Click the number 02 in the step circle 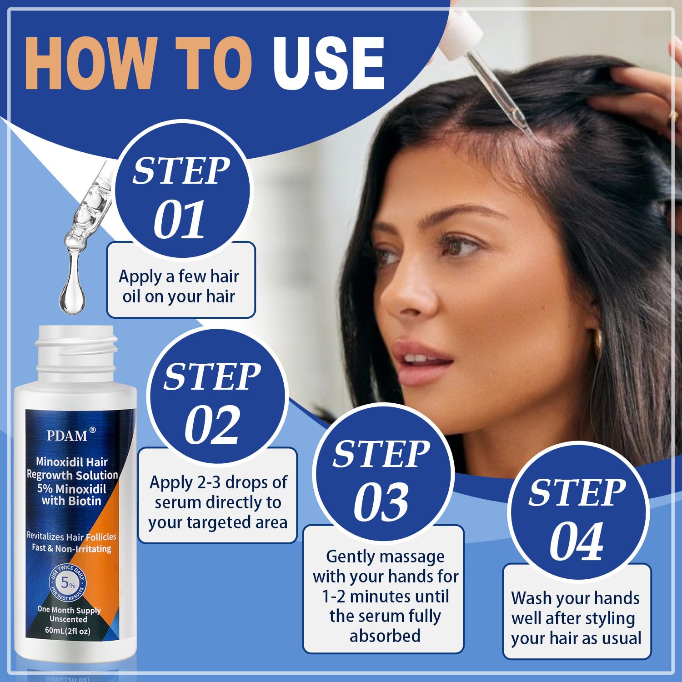pyautogui.click(x=212, y=426)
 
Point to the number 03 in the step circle pyautogui.click(x=381, y=502)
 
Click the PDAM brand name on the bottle pyautogui.click(x=67, y=435)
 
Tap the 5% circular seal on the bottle pyautogui.click(x=68, y=582)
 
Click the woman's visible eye pyautogui.click(x=459, y=246)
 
